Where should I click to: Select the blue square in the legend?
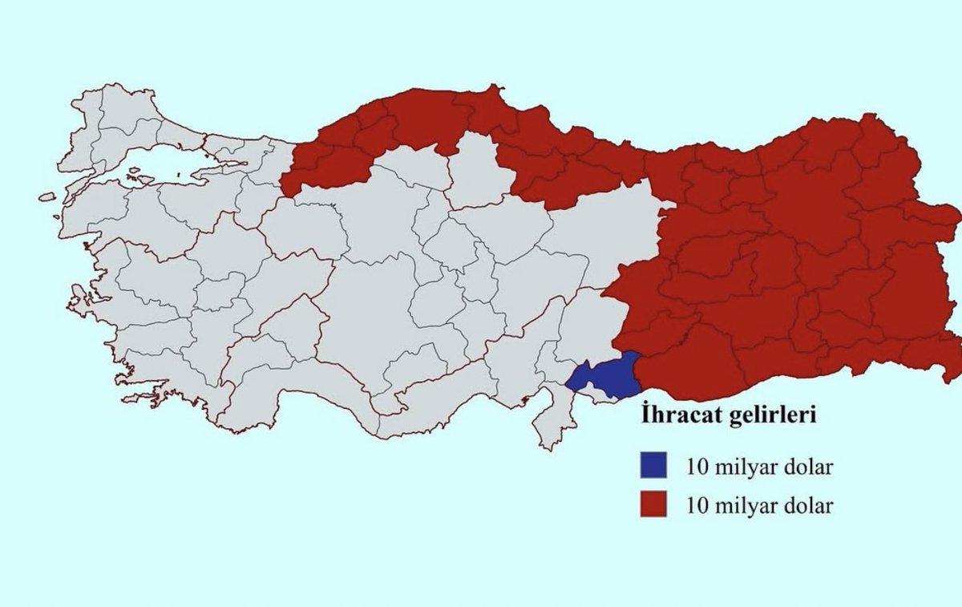pyautogui.click(x=653, y=465)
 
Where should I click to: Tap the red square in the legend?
pyautogui.click(x=653, y=506)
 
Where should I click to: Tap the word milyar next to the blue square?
pyautogui.click(x=742, y=466)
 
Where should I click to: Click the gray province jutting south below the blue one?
pyautogui.click(x=553, y=417)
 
